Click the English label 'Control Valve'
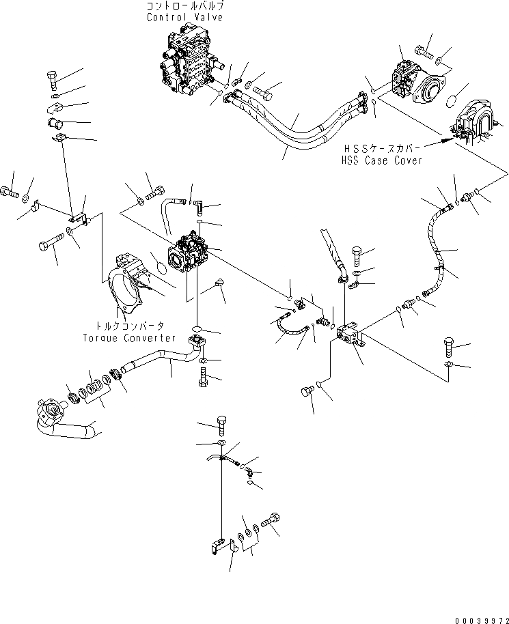click(184, 18)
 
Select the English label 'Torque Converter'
click(129, 338)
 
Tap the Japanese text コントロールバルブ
click(184, 7)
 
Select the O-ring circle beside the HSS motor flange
click(451, 102)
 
